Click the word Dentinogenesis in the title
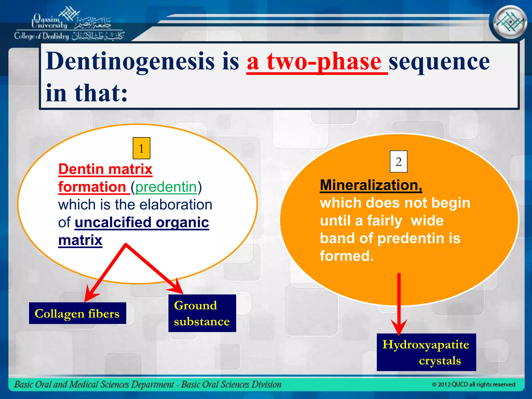click(x=130, y=62)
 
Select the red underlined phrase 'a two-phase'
click(x=317, y=62)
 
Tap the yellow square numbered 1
click(x=141, y=148)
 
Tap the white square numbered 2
click(x=398, y=162)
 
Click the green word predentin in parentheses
click(x=166, y=187)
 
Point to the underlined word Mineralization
click(x=371, y=185)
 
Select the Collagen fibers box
click(x=77, y=313)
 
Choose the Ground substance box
click(x=202, y=313)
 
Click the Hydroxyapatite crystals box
click(x=426, y=352)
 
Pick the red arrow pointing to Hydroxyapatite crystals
click(x=399, y=304)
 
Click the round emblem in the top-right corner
click(x=510, y=22)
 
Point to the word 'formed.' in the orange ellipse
click(x=347, y=256)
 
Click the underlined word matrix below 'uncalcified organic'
click(x=80, y=240)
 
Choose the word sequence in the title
click(x=439, y=62)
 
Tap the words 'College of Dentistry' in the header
click(x=42, y=36)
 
